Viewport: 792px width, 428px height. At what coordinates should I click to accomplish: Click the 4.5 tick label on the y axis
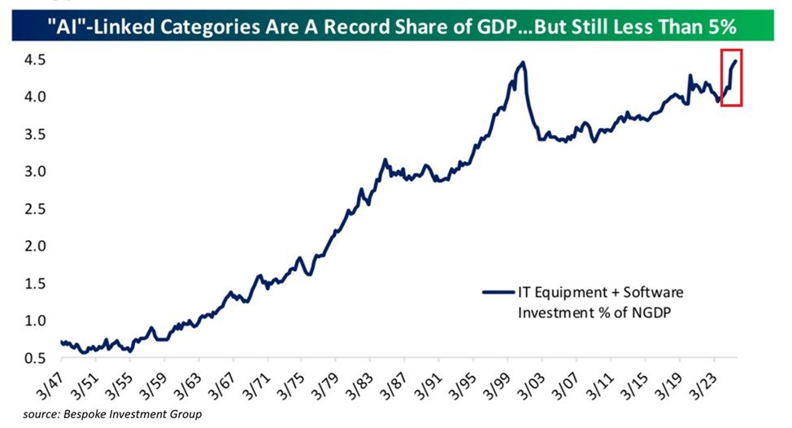pyautogui.click(x=33, y=60)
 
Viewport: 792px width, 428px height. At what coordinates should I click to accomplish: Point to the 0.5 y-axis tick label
pyautogui.click(x=33, y=358)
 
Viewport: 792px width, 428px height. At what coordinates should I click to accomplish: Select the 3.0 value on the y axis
pyautogui.click(x=33, y=172)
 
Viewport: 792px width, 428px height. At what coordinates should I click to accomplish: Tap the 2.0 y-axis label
pyautogui.click(x=33, y=246)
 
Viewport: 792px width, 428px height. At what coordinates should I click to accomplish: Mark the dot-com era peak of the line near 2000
pyautogui.click(x=523, y=63)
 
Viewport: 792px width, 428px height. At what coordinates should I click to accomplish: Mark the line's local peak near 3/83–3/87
pyautogui.click(x=385, y=160)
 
